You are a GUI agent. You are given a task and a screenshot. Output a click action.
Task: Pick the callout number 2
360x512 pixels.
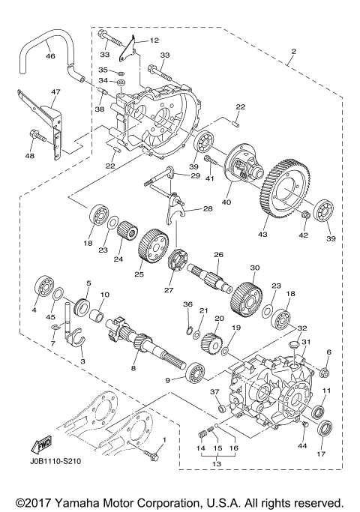click(x=292, y=53)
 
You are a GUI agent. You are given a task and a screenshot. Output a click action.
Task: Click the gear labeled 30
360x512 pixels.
click(x=244, y=288)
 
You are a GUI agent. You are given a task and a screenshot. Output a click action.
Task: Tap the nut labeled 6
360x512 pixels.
click(x=325, y=371)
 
